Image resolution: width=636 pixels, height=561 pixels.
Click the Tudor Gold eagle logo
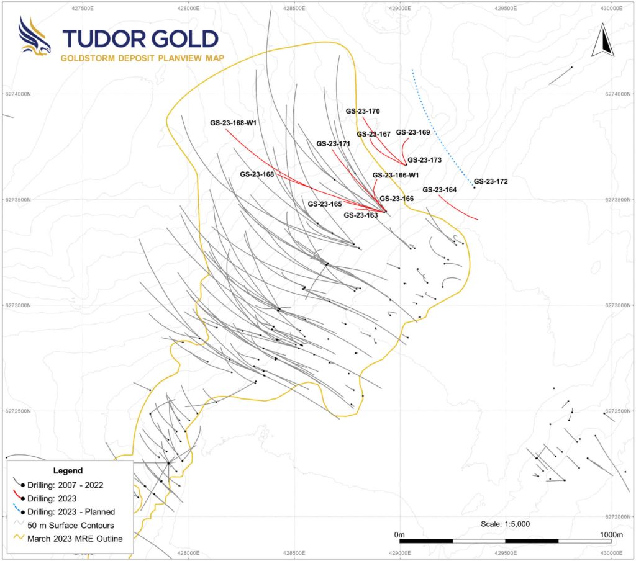point(35,37)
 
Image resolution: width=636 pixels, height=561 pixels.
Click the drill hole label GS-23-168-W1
point(233,123)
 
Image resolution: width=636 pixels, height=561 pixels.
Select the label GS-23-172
point(491,182)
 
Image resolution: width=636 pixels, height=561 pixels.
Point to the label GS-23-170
point(363,111)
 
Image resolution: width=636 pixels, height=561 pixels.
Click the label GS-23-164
point(439,190)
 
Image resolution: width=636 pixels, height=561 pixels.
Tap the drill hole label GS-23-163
point(361,215)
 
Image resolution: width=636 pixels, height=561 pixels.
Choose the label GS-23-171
point(334,143)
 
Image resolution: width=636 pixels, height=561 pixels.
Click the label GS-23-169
point(413,132)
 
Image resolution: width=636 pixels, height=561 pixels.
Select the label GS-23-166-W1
point(396,175)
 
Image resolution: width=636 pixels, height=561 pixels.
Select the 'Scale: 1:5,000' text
point(506,524)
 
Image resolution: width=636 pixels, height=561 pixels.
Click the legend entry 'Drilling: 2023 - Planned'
point(71,512)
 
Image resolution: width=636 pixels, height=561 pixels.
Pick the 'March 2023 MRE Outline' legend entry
point(75,538)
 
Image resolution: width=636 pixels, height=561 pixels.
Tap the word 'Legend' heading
point(68,470)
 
